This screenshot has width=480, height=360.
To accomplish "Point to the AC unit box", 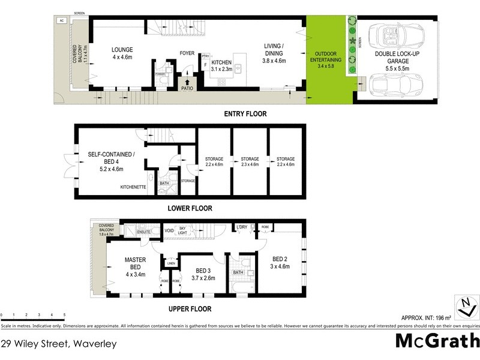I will [61, 20].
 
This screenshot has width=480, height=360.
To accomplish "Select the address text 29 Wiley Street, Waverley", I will [58, 344].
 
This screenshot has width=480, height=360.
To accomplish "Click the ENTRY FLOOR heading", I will [245, 113].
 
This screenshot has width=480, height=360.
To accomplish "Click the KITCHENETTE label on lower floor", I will [133, 187].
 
